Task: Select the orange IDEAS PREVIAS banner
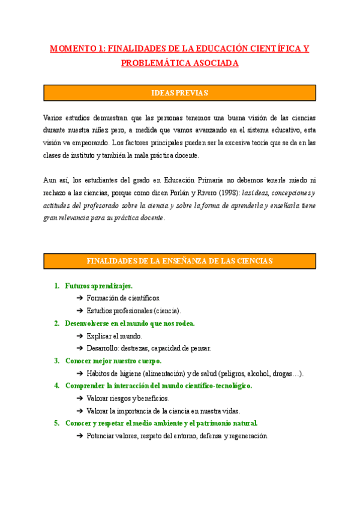pos(179,92)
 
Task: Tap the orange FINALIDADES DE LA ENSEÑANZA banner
pos(179,261)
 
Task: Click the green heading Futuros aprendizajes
pos(99,286)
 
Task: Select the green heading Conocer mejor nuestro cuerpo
pos(113,361)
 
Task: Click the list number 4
pos(56,385)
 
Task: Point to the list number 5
pos(56,423)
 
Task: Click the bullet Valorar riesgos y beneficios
pos(128,398)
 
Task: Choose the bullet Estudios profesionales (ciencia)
pos(133,310)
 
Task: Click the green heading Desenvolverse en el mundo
pos(130,323)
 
